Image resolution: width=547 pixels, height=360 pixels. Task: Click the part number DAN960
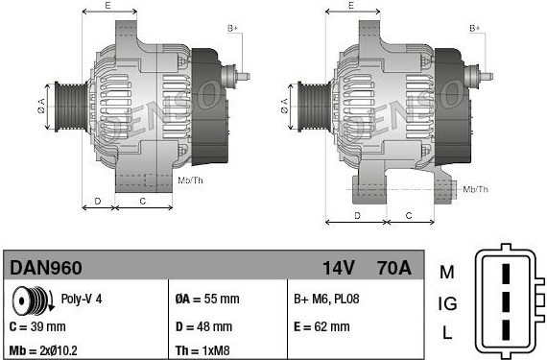click(46, 268)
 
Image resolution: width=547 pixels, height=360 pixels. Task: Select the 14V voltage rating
click(338, 268)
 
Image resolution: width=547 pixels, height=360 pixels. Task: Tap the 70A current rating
click(394, 268)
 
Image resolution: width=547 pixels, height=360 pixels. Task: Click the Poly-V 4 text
click(82, 299)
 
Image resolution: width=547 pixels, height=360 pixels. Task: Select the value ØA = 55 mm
click(207, 299)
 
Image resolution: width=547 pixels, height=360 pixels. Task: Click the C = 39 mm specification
click(37, 326)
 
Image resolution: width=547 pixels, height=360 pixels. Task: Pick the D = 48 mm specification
click(203, 326)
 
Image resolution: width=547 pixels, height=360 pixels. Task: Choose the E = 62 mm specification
click(321, 326)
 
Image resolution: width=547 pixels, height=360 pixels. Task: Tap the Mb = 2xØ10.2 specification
click(43, 350)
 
